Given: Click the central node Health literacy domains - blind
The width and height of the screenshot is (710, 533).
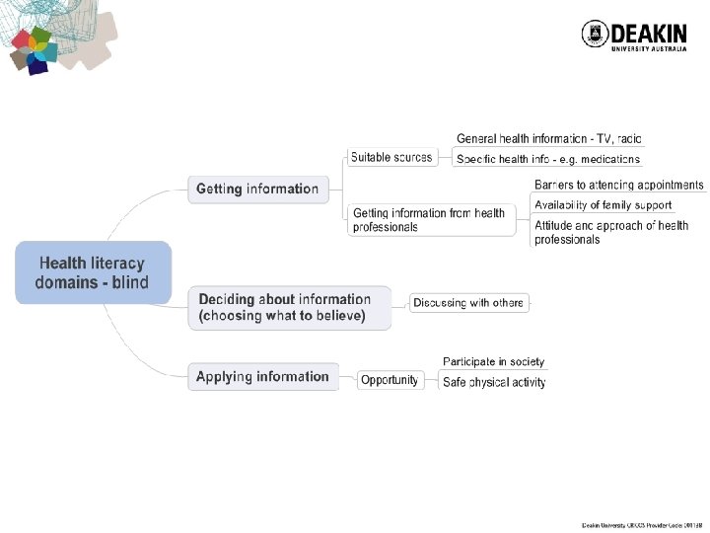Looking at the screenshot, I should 94,272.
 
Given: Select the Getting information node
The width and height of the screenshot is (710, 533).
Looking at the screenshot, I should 256,189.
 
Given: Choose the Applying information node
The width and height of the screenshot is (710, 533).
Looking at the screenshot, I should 262,376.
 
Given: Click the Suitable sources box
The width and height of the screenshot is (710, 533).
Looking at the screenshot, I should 390,157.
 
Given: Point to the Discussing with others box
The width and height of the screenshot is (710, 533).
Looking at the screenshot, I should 468,302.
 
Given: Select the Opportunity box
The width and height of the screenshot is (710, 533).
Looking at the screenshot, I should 389,380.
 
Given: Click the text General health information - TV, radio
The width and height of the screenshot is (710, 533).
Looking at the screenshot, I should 549,139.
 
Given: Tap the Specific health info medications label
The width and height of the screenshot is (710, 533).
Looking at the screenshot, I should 548,159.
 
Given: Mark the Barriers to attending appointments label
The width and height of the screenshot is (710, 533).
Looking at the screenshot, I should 618,185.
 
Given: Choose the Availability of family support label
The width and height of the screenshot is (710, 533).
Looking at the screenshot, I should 603,205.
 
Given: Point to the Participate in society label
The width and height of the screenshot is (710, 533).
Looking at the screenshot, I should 493,362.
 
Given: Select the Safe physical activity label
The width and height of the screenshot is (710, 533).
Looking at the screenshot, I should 493,382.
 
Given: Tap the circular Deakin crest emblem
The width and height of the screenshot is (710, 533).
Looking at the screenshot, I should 595,36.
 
